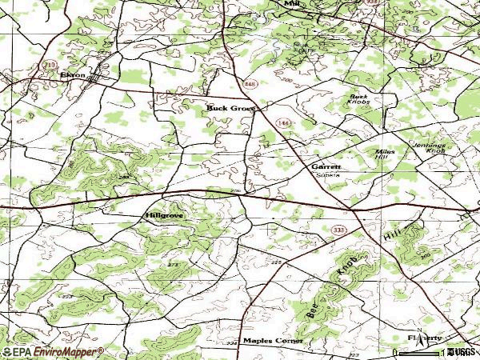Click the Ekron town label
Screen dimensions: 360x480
click(72, 74)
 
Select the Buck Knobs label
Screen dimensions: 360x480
click(358, 101)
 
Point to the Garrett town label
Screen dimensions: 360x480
click(327, 166)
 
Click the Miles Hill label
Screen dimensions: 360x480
click(386, 155)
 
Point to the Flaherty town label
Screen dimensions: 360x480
click(424, 338)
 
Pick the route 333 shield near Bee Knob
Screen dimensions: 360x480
click(340, 230)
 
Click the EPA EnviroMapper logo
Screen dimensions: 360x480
click(53, 351)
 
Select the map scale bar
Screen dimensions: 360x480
click(420, 351)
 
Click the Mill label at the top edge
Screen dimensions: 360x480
click(290, 3)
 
